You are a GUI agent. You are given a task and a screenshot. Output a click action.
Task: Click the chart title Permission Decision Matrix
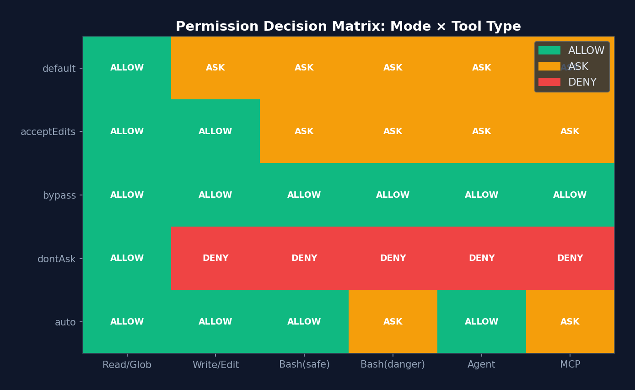pos(348,27)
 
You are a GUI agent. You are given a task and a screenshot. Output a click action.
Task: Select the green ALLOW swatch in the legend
pos(549,50)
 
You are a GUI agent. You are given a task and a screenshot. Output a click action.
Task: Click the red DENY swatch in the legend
pos(549,82)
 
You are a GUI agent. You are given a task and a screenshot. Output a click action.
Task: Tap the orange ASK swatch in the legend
pos(549,66)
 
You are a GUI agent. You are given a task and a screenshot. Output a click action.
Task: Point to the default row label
pos(59,69)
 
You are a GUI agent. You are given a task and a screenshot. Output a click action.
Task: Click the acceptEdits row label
pos(48,132)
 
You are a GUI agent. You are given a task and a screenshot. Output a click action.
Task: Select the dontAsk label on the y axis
pos(56,259)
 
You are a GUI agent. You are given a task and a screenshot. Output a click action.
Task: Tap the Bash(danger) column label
pos(393,365)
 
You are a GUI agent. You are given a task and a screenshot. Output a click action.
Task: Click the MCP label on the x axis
pos(570,365)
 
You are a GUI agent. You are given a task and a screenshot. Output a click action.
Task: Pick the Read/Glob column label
pos(127,365)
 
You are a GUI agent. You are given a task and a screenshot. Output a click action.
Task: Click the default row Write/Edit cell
pos(215,68)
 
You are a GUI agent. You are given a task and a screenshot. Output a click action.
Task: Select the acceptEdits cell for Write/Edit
pos(215,131)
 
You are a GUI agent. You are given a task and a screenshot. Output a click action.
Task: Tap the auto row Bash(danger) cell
pos(393,322)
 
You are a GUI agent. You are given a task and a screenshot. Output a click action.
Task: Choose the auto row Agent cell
pos(481,322)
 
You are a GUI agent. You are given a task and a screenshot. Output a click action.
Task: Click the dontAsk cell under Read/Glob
pos(127,258)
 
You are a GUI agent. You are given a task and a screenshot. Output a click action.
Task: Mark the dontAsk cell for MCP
pos(570,258)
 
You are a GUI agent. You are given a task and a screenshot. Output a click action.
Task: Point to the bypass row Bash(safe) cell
pos(304,195)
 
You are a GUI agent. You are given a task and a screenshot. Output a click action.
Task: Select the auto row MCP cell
pos(570,322)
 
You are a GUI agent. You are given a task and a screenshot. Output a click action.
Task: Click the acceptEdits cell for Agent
pos(481,131)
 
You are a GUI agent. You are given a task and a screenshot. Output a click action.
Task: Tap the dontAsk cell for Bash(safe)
pos(304,258)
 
